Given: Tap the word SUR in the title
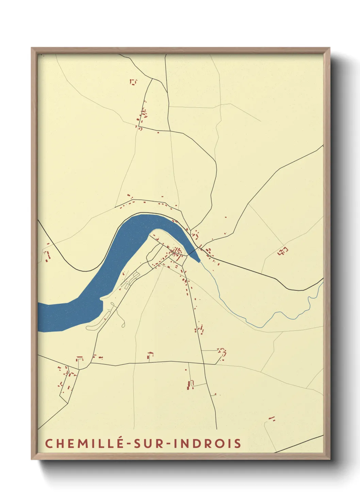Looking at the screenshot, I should [x=149, y=443].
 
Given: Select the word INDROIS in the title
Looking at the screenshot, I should [x=207, y=443].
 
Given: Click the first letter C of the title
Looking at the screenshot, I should [x=49, y=443].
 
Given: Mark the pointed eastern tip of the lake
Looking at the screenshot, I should [x=199, y=262].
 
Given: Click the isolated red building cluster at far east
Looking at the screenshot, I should [x=283, y=251].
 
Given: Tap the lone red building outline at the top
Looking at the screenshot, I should [x=133, y=82].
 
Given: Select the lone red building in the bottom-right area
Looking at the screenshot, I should [x=272, y=418].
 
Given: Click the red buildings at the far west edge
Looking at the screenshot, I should [x=47, y=255].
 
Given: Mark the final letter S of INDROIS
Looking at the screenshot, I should [x=238, y=443].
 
